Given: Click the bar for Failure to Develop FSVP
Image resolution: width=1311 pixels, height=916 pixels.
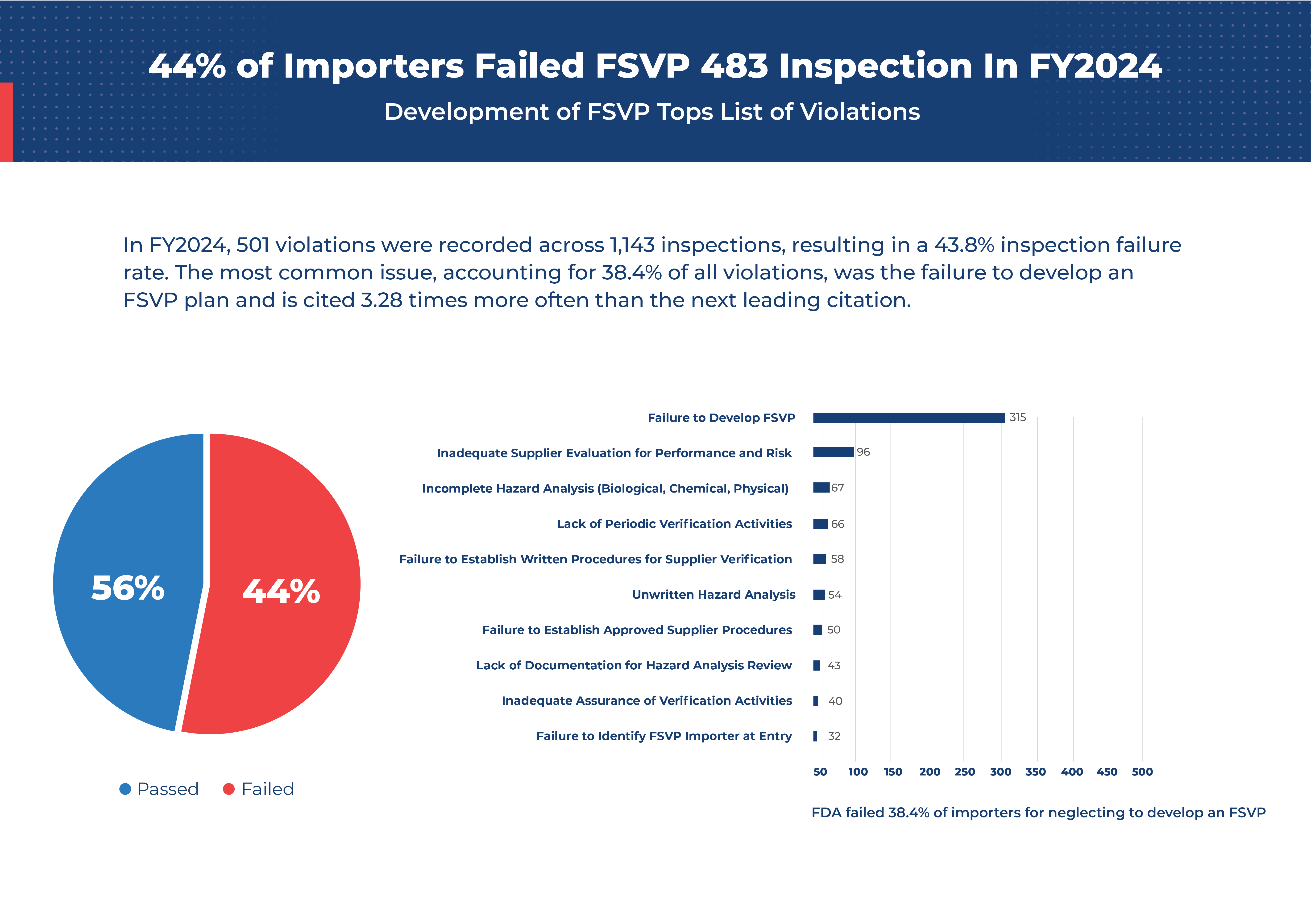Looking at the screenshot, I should point(908,418).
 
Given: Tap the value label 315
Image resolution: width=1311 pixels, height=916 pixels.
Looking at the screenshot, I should point(1017,418).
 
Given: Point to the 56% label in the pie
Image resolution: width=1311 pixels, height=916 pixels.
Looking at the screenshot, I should point(128,588).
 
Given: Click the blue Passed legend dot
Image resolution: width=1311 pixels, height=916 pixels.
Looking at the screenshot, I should point(125,789).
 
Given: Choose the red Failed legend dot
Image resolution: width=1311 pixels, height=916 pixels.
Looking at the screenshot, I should point(228,789).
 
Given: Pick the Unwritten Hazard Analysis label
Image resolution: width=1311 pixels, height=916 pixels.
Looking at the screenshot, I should point(713,594).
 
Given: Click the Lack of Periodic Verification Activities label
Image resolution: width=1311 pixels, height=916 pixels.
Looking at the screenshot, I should point(674,524).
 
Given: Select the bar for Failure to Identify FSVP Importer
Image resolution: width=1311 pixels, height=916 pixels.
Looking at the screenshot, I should point(815,736).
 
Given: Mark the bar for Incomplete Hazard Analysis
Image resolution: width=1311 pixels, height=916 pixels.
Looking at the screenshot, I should point(821,488).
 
